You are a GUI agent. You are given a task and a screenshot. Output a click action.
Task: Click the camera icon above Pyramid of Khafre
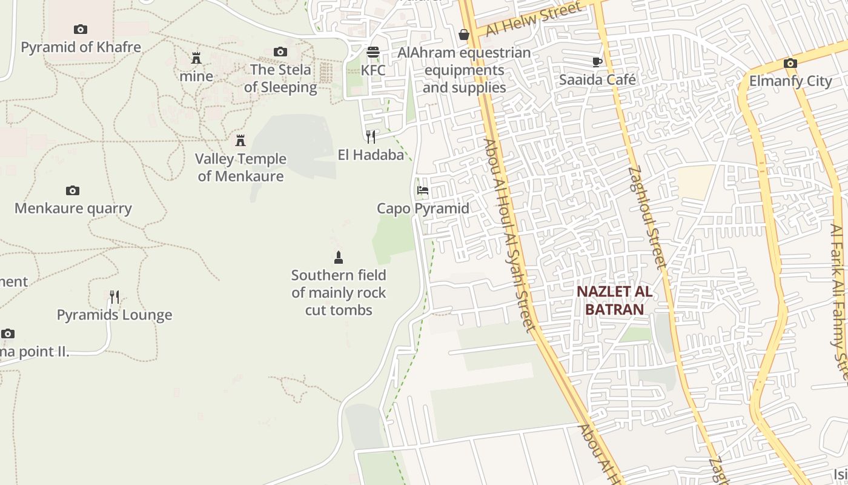(x=81, y=29)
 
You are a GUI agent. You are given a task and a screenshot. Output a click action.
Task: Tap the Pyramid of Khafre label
(x=81, y=47)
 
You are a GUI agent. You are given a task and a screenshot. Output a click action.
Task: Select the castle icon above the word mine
(x=196, y=58)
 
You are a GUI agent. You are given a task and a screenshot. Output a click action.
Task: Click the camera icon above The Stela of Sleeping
(x=280, y=52)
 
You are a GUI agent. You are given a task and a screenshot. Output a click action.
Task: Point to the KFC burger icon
(x=373, y=52)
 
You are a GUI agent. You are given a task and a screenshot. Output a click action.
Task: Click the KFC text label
(x=373, y=70)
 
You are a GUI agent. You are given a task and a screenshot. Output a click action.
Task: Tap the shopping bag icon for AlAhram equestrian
(x=464, y=35)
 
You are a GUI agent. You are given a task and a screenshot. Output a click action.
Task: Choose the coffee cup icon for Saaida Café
(x=597, y=62)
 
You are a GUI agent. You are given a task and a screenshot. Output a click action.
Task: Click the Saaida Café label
(x=597, y=79)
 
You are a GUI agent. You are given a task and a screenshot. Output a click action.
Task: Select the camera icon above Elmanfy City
(x=790, y=63)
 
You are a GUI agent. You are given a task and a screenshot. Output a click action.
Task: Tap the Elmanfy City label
(x=790, y=81)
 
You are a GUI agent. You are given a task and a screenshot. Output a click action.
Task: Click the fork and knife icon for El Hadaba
(x=371, y=137)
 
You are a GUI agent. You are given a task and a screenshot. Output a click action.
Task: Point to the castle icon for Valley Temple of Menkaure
(x=240, y=141)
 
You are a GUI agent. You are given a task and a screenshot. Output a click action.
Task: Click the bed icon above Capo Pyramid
(x=423, y=190)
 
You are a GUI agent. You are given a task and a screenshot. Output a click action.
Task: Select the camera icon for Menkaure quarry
(x=73, y=191)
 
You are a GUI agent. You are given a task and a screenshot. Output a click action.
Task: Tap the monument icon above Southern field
(x=339, y=258)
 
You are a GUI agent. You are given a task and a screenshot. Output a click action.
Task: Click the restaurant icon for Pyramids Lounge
(x=114, y=297)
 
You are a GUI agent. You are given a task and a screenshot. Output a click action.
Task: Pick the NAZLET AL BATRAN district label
(x=614, y=300)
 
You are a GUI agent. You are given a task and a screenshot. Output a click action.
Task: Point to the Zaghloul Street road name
(x=648, y=218)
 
